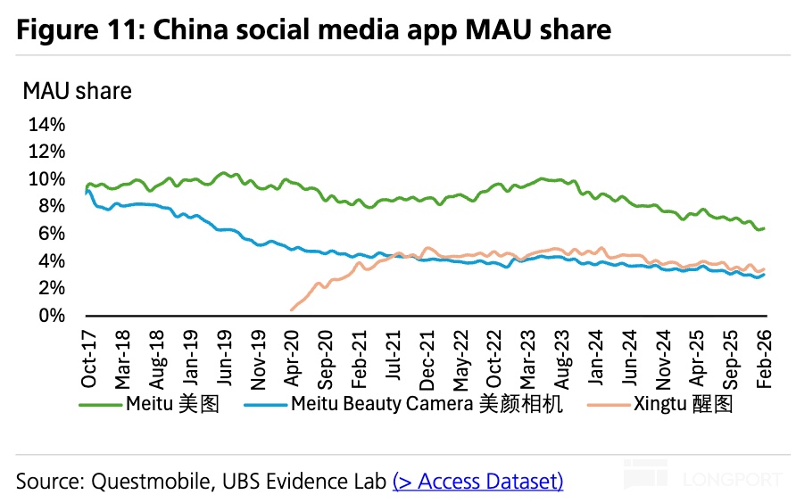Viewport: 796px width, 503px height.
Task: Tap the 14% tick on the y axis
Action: (47, 124)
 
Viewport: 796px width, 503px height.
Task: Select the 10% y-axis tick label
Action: (47, 178)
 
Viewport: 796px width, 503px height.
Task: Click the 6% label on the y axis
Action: (52, 234)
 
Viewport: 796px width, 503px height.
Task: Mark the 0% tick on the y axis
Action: (52, 316)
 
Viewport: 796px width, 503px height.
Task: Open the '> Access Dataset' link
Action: (478, 482)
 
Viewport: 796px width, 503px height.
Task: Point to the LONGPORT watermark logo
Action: (704, 478)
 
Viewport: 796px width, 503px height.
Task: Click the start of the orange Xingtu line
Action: (292, 309)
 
